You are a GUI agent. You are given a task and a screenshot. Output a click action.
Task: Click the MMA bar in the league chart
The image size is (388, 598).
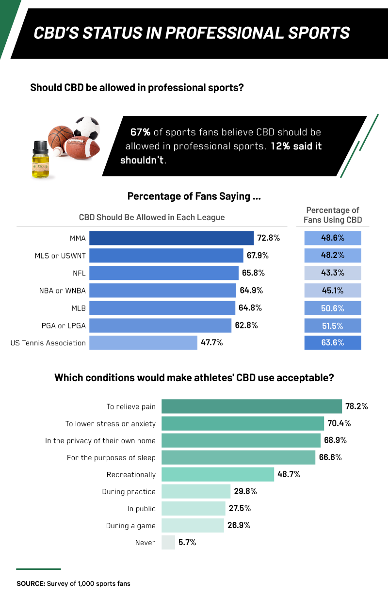pyautogui.click(x=171, y=238)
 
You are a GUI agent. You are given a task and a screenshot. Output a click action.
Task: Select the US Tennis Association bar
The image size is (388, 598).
pyautogui.click(x=144, y=343)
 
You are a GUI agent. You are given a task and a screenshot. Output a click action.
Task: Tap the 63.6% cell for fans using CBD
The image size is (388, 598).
pyautogui.click(x=333, y=343)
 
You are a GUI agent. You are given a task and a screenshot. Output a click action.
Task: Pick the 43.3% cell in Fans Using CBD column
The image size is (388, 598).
pyautogui.click(x=333, y=273)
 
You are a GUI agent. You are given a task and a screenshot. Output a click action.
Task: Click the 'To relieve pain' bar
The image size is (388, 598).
pyautogui.click(x=251, y=406)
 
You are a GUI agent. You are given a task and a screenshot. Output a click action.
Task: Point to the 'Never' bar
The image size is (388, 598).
pyautogui.click(x=168, y=542)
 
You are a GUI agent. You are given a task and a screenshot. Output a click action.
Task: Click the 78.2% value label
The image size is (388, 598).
pyautogui.click(x=356, y=406)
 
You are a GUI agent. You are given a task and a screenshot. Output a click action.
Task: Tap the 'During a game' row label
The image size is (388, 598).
pyautogui.click(x=131, y=526)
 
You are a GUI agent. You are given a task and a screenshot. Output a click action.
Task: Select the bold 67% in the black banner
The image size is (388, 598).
pyautogui.click(x=141, y=132)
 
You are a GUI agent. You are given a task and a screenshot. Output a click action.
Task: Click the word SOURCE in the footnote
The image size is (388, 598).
pyautogui.click(x=31, y=583)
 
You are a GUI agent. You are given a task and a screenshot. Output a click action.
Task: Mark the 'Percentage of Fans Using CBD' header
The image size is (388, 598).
pyautogui.click(x=333, y=215)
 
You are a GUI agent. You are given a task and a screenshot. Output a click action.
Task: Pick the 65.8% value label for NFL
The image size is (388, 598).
pyautogui.click(x=253, y=273)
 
